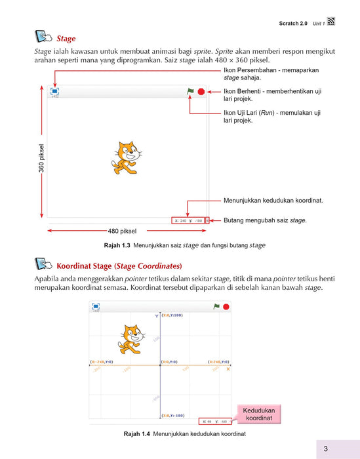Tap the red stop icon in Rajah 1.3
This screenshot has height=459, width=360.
tap(201, 92)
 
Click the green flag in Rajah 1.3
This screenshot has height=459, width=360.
tap(191, 92)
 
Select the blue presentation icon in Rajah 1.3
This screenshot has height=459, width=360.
tap(54, 92)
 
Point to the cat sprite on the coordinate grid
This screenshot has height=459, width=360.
tap(130, 336)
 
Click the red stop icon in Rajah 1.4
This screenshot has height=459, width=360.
tap(226, 306)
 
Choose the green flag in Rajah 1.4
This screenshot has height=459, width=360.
tap(216, 306)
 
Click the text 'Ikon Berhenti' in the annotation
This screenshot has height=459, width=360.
tap(246, 92)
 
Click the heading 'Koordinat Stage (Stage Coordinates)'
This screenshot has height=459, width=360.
tap(119, 266)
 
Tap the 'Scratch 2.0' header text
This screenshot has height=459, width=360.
tap(293, 24)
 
